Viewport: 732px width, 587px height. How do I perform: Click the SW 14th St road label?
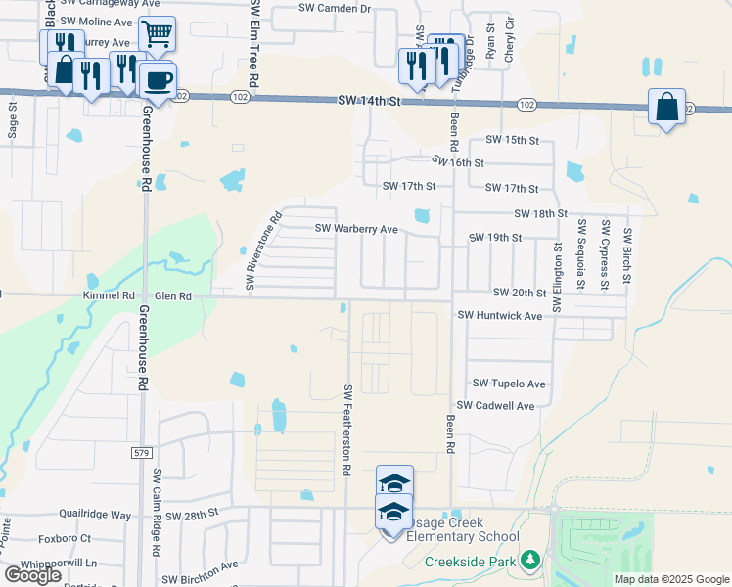pyautogui.click(x=370, y=101)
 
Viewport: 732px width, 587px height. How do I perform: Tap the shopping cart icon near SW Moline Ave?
pyautogui.click(x=157, y=34)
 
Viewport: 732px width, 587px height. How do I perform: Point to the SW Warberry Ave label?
pyautogui.click(x=355, y=229)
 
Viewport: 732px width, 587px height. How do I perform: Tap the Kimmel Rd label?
pyautogui.click(x=114, y=294)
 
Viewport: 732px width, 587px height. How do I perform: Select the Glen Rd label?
pyautogui.click(x=172, y=294)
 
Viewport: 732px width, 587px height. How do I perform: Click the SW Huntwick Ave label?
pyautogui.click(x=500, y=316)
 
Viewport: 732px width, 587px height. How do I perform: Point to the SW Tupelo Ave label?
pyautogui.click(x=509, y=384)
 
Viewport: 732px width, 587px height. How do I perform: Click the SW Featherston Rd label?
pyautogui.click(x=347, y=429)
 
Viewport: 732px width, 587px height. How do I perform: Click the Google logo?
pyautogui.click(x=32, y=575)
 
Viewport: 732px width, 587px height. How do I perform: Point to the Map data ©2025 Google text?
pyautogui.click(x=670, y=579)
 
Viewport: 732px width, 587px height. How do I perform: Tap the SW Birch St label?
pyautogui.click(x=628, y=259)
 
